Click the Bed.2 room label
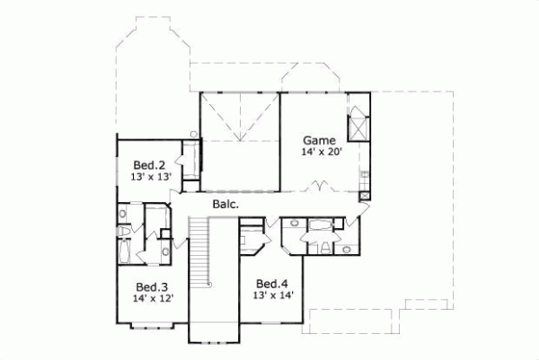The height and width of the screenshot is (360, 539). pyautogui.click(x=149, y=165)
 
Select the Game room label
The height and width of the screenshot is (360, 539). pyautogui.click(x=318, y=141)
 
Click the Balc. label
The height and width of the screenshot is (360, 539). pyautogui.click(x=225, y=205)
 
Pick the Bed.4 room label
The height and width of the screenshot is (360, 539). pyautogui.click(x=270, y=281)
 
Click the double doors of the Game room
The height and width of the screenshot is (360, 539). pyautogui.click(x=320, y=188)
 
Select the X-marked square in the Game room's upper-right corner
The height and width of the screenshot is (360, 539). pyautogui.click(x=358, y=122)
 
